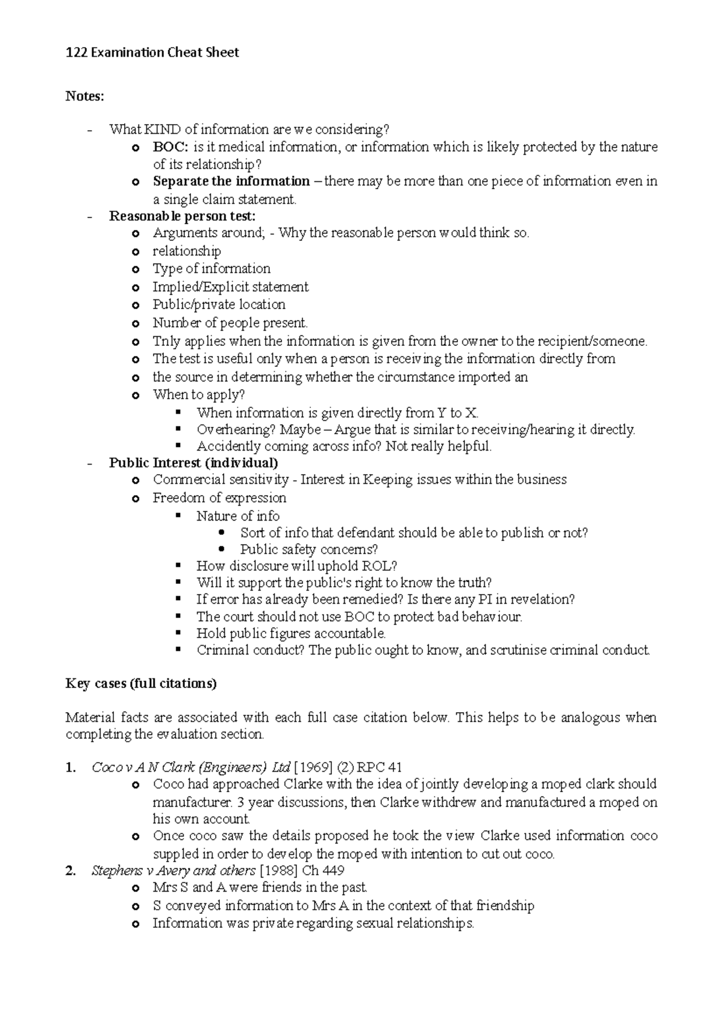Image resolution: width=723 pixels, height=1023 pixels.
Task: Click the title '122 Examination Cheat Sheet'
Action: tap(152, 53)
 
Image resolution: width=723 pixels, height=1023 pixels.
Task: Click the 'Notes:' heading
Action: tap(85, 96)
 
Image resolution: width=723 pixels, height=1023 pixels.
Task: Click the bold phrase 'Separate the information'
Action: tap(231, 181)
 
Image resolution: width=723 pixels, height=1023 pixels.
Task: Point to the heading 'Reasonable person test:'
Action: tap(182, 216)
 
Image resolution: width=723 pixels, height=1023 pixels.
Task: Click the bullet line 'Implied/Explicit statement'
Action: tap(230, 287)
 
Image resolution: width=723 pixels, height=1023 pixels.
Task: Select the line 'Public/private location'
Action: tap(219, 304)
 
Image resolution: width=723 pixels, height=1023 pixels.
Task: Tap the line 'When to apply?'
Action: tap(199, 395)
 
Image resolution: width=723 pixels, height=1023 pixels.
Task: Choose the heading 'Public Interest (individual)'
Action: tap(193, 463)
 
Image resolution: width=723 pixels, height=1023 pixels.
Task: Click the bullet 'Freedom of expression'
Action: tap(219, 498)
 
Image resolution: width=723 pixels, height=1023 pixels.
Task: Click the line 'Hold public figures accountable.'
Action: tap(291, 633)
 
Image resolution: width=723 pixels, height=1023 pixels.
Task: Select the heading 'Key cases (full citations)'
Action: tap(141, 684)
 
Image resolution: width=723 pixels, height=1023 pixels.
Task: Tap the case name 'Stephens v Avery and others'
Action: tap(173, 871)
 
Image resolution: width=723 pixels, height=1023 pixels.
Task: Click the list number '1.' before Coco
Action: tap(71, 768)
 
